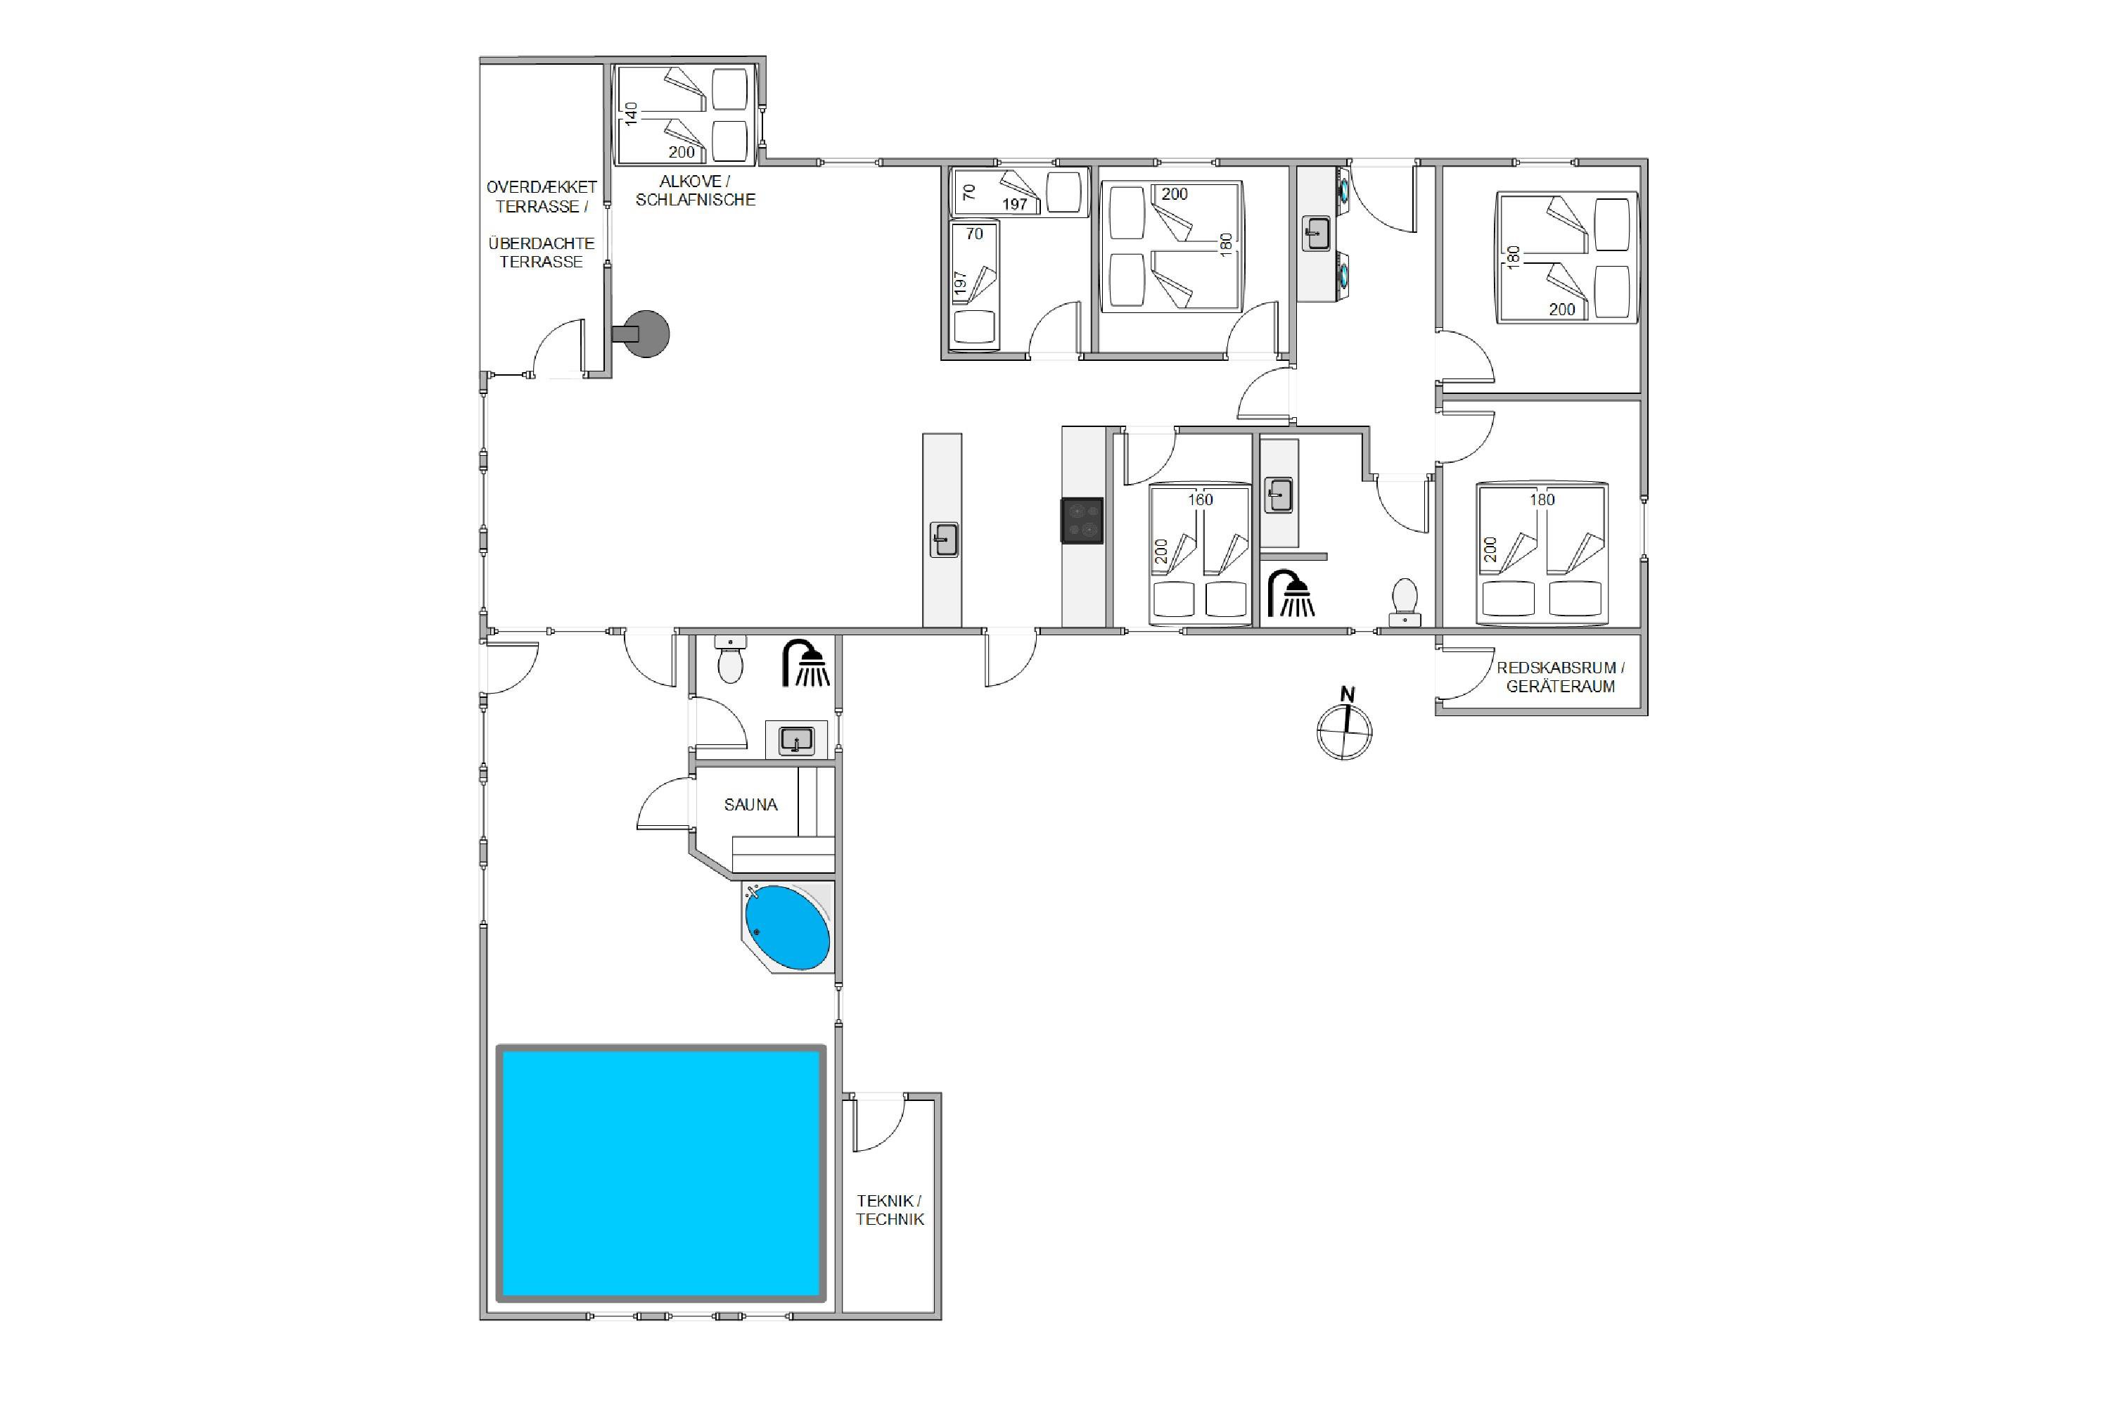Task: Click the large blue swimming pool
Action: click(x=661, y=1172)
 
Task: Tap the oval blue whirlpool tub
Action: click(x=788, y=928)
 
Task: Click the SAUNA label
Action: click(x=751, y=805)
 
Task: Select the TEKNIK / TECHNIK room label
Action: click(x=889, y=1209)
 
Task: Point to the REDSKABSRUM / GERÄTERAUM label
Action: click(x=1560, y=677)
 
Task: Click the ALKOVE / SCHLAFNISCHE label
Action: click(x=696, y=190)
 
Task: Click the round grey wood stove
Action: click(x=641, y=333)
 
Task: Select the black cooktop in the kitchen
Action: click(x=1082, y=521)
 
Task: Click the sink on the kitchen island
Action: click(x=944, y=540)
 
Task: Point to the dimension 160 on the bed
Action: click(x=1201, y=499)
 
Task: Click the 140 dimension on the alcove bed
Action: click(x=632, y=113)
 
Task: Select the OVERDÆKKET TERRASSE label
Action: click(x=541, y=196)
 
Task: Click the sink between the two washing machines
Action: click(x=1316, y=234)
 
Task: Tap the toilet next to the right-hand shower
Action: click(x=1404, y=602)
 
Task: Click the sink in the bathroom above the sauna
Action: click(x=795, y=740)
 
